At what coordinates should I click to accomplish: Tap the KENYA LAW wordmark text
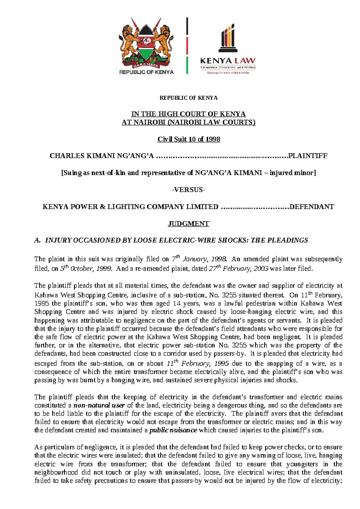click(228, 61)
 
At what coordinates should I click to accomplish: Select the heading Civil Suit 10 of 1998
click(189, 139)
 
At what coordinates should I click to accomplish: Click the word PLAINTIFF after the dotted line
click(307, 156)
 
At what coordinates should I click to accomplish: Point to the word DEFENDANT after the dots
click(311, 207)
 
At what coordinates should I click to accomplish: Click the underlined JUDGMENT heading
click(188, 224)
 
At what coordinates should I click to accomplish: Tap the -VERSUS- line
click(188, 190)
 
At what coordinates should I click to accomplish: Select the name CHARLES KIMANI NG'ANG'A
click(101, 156)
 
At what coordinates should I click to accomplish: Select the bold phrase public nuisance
click(173, 430)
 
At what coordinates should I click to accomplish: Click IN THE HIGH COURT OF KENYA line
click(188, 114)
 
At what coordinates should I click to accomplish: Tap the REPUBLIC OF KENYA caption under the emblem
click(146, 72)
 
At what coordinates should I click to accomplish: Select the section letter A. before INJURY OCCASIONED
click(37, 240)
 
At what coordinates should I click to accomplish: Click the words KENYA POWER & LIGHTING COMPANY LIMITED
click(130, 207)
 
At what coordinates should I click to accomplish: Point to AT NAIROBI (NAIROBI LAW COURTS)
click(188, 122)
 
